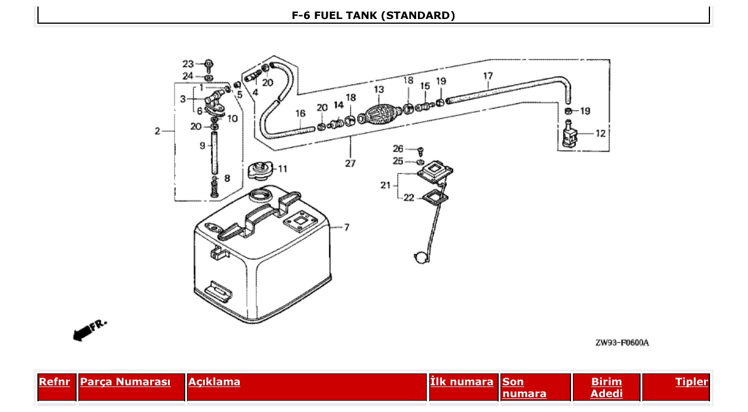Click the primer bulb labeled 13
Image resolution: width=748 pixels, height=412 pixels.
379,113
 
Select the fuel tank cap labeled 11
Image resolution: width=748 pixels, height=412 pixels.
258,170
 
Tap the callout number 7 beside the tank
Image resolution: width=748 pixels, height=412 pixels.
346,227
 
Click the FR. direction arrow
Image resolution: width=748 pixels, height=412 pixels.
89,330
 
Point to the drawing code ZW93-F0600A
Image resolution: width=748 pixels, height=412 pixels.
622,343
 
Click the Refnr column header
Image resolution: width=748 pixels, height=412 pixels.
54,382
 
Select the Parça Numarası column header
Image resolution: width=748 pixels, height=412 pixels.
125,382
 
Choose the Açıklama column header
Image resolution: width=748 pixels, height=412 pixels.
214,382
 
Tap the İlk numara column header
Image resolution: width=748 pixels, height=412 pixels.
462,382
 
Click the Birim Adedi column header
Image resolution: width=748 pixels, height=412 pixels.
606,387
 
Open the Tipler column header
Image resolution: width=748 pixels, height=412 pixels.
692,382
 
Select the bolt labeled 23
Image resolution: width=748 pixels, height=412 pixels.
209,65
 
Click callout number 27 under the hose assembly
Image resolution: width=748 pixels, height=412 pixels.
350,163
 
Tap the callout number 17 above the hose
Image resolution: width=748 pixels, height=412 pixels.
488,77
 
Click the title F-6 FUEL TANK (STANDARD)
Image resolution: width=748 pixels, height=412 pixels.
373,15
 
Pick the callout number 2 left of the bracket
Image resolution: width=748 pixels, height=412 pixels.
158,131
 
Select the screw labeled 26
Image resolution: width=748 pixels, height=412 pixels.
421,150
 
